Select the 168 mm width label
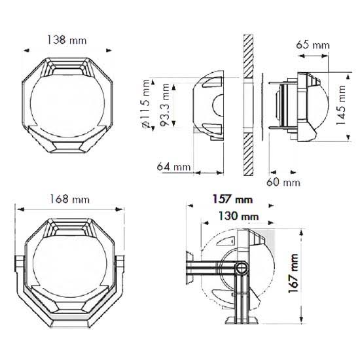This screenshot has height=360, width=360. tap(70, 198)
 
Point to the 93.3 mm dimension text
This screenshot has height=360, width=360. tap(166, 103)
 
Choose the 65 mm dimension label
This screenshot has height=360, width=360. tap(313, 45)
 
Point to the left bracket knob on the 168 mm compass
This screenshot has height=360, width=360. tap(18, 264)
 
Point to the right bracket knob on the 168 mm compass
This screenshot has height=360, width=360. tap(122, 264)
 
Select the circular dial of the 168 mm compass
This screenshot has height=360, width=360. tap(69, 262)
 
